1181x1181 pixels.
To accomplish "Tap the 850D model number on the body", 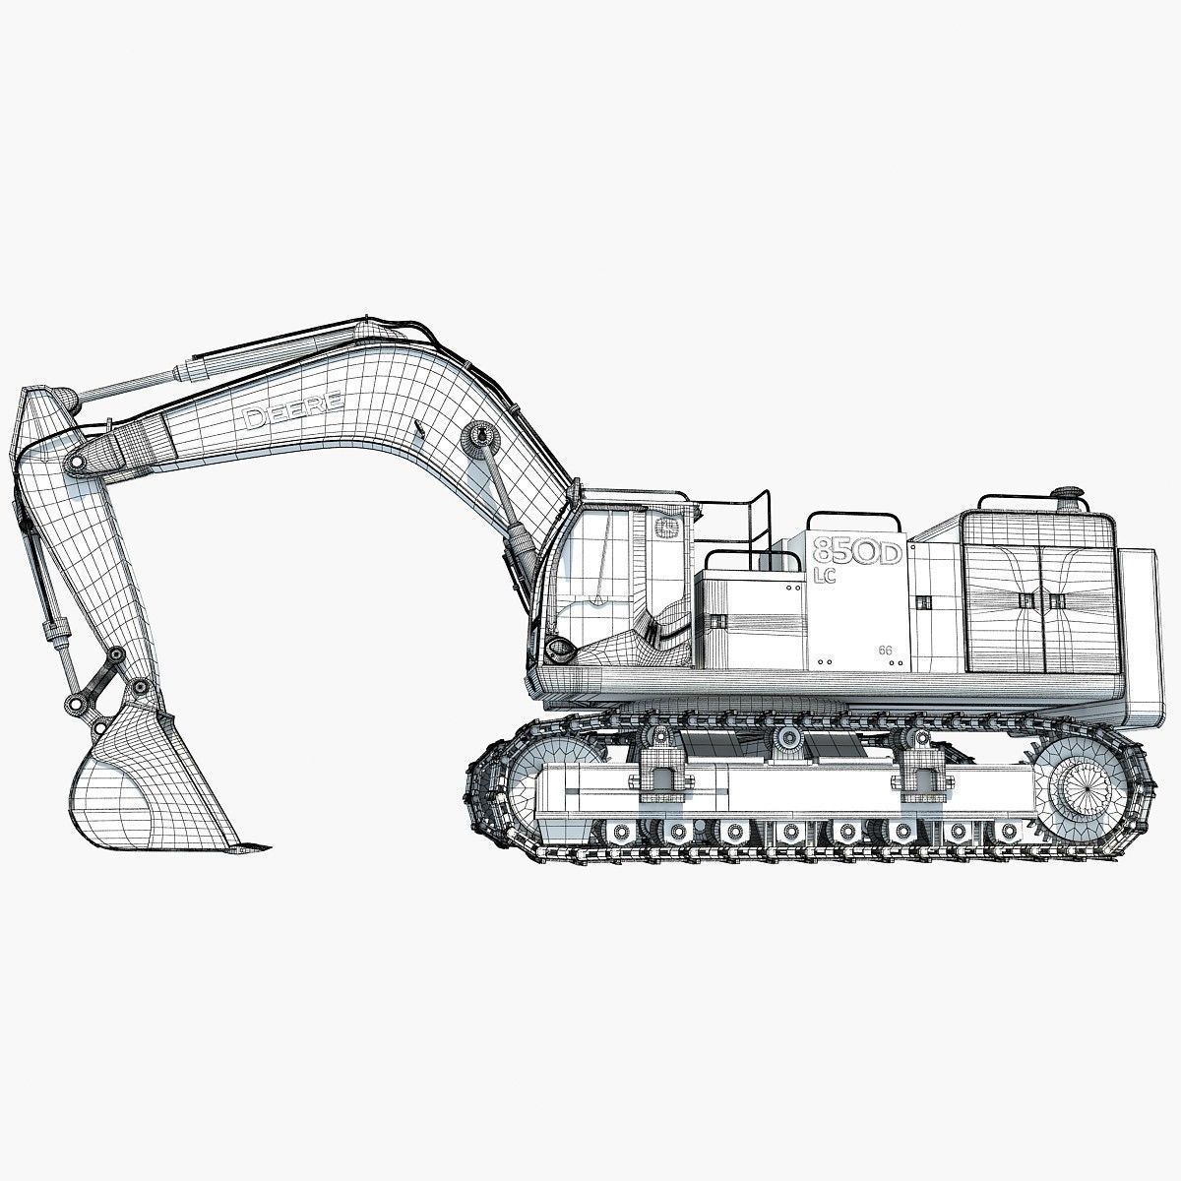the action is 857,551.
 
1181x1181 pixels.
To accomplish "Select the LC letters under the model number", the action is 825,576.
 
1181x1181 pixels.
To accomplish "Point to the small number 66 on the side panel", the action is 885,651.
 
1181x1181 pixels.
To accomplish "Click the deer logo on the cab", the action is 666,528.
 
